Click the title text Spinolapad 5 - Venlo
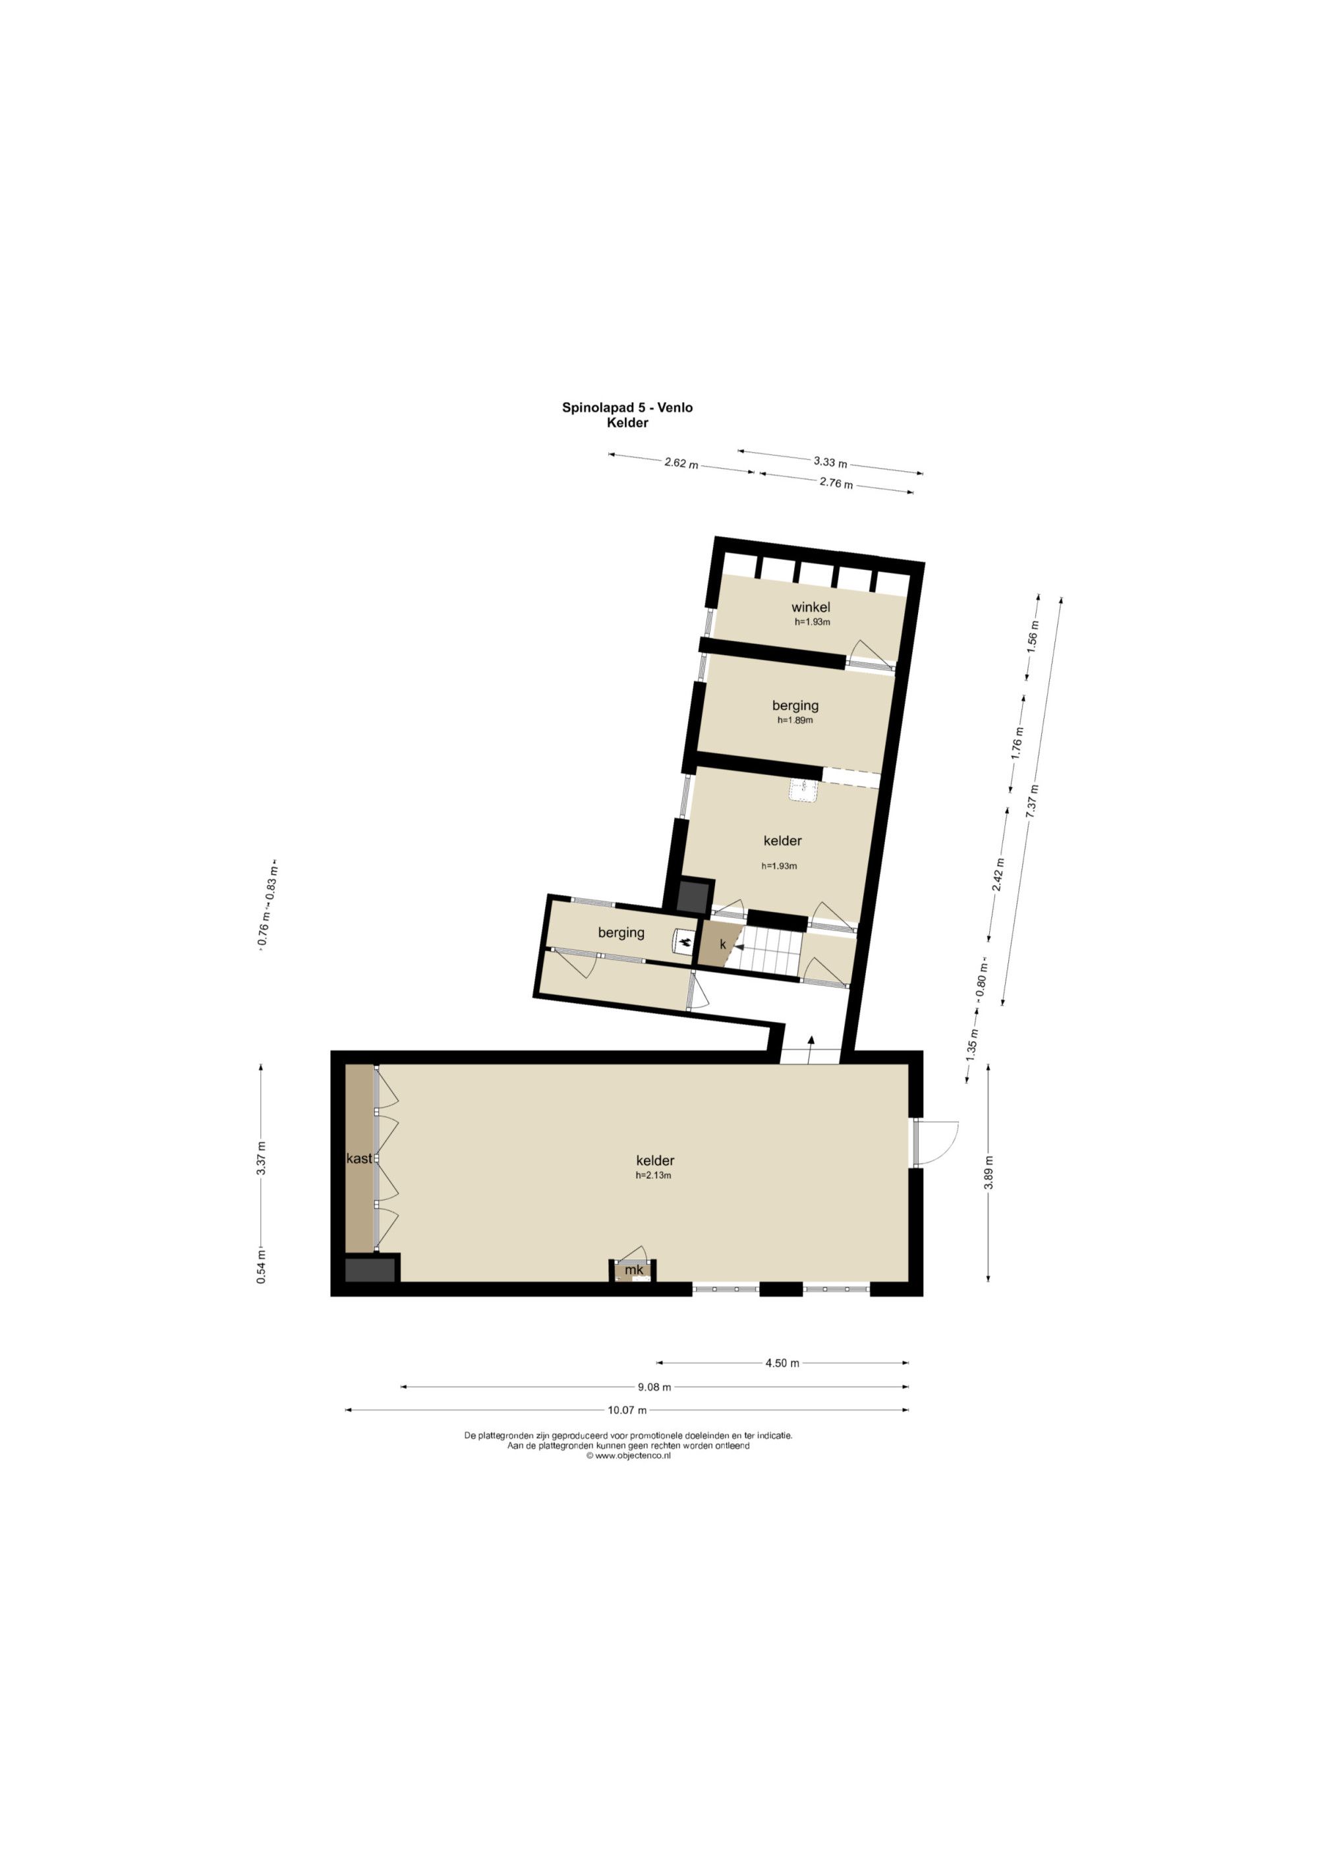coord(627,407)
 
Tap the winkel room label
coord(811,607)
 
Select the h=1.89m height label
coord(795,720)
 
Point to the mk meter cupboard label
coord(634,1269)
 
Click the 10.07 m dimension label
coord(627,1410)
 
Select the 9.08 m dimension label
coord(654,1387)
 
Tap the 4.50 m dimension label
coord(782,1363)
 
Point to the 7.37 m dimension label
coord(1033,803)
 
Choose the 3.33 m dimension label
coord(830,463)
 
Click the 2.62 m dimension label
coord(681,463)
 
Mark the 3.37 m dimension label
coord(262,1158)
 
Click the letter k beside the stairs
coord(722,945)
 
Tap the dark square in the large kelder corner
coord(371,1270)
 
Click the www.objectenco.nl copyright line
coord(628,1456)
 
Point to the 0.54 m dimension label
coord(262,1267)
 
